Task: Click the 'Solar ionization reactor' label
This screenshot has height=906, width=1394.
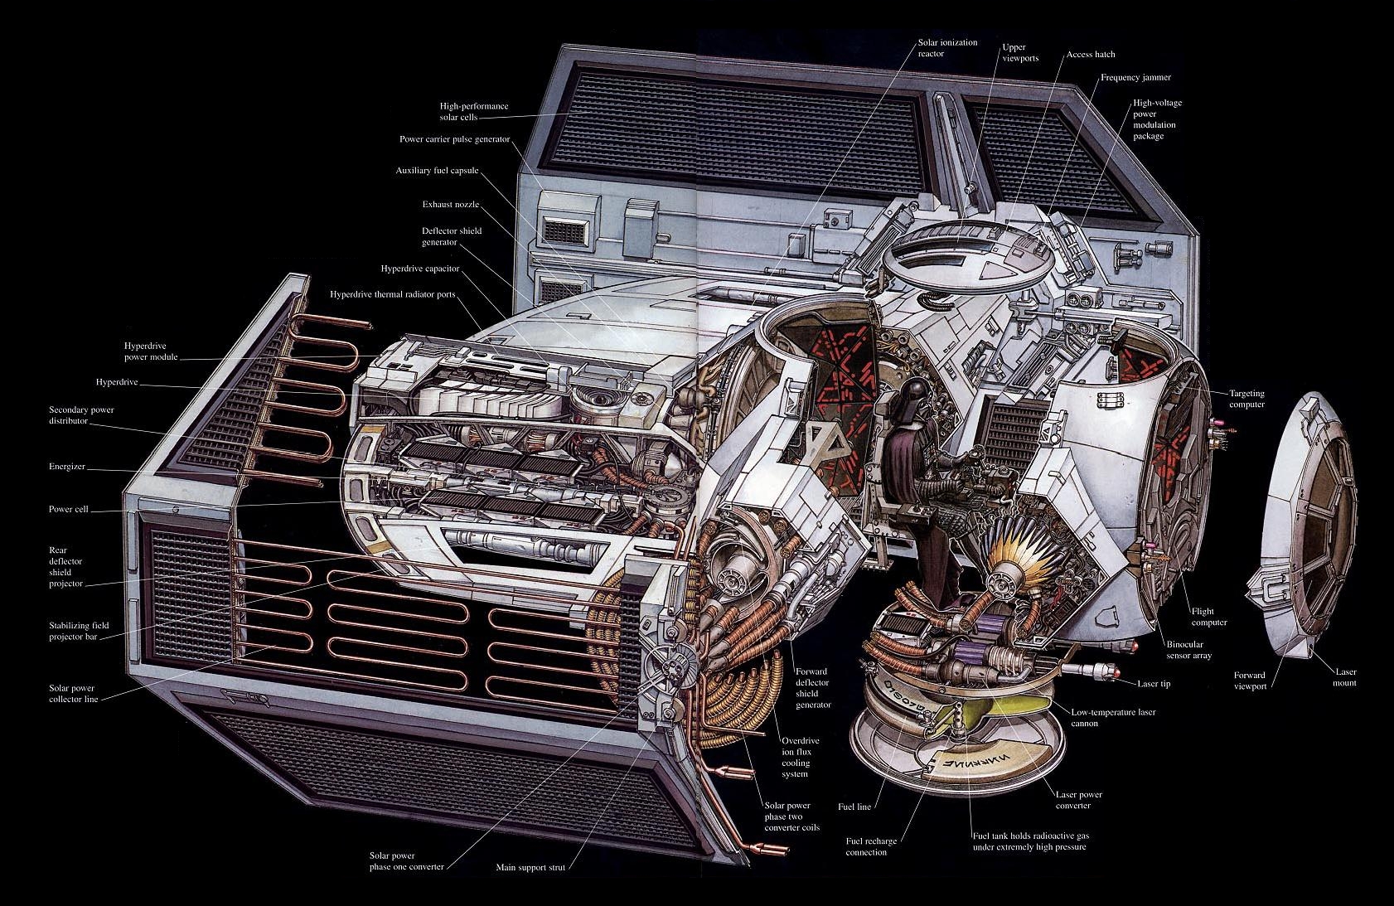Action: click(x=948, y=48)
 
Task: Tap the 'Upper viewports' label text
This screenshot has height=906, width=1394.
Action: click(x=1020, y=52)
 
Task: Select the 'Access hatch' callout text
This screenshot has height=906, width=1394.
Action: click(x=1091, y=54)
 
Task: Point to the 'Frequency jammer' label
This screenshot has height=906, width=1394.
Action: click(x=1135, y=78)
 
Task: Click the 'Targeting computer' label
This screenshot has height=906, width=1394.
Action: click(x=1246, y=399)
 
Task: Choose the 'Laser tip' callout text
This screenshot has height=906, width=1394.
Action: click(x=1154, y=684)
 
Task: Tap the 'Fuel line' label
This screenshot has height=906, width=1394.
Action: click(x=854, y=807)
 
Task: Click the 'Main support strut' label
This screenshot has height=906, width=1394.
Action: click(x=530, y=867)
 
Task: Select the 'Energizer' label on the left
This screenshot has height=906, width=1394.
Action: click(x=67, y=467)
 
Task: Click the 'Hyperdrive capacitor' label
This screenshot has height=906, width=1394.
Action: click(x=420, y=269)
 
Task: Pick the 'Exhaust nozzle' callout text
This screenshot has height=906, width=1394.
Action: click(x=451, y=204)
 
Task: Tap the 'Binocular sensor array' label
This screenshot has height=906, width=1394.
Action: click(x=1188, y=650)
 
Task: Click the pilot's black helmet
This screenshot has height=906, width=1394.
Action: click(x=912, y=393)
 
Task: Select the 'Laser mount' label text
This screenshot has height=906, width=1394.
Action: click(x=1346, y=677)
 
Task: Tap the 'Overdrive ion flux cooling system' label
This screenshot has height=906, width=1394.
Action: click(x=801, y=758)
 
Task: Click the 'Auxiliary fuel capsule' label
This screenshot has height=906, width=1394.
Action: click(x=437, y=171)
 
